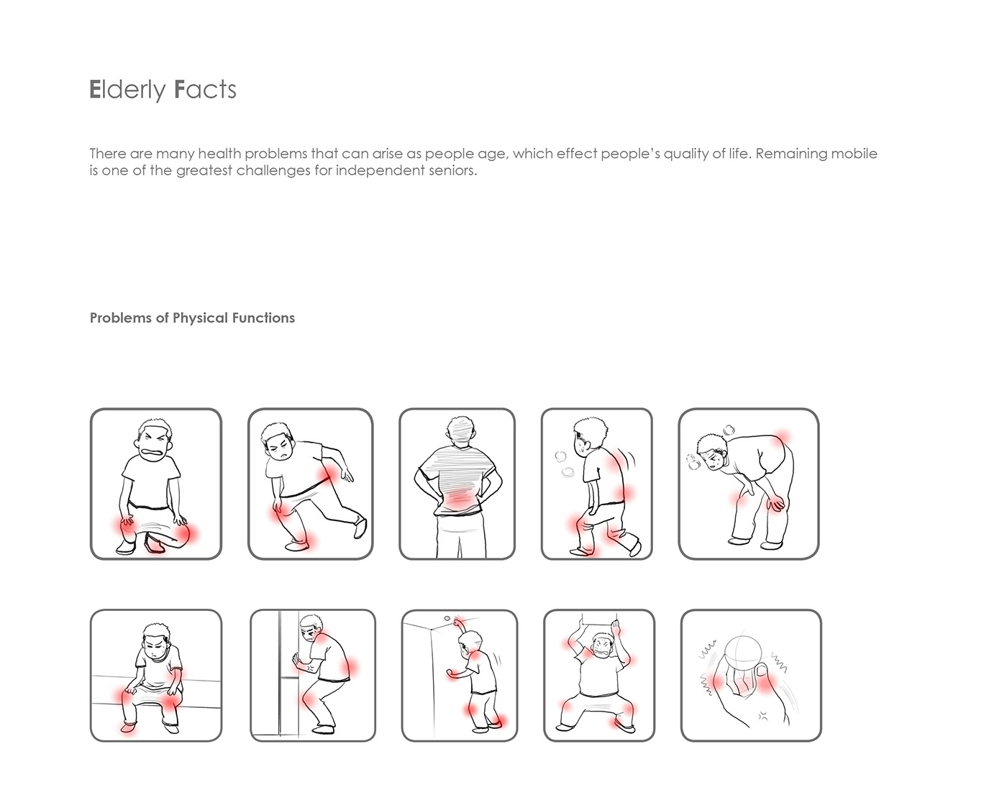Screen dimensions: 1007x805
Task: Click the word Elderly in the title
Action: tap(127, 91)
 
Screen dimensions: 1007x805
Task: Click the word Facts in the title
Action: tap(205, 89)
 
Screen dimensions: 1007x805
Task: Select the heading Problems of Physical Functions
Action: tap(192, 318)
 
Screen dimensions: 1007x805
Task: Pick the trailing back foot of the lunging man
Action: tap(360, 527)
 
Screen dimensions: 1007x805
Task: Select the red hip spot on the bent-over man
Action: tap(781, 438)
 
